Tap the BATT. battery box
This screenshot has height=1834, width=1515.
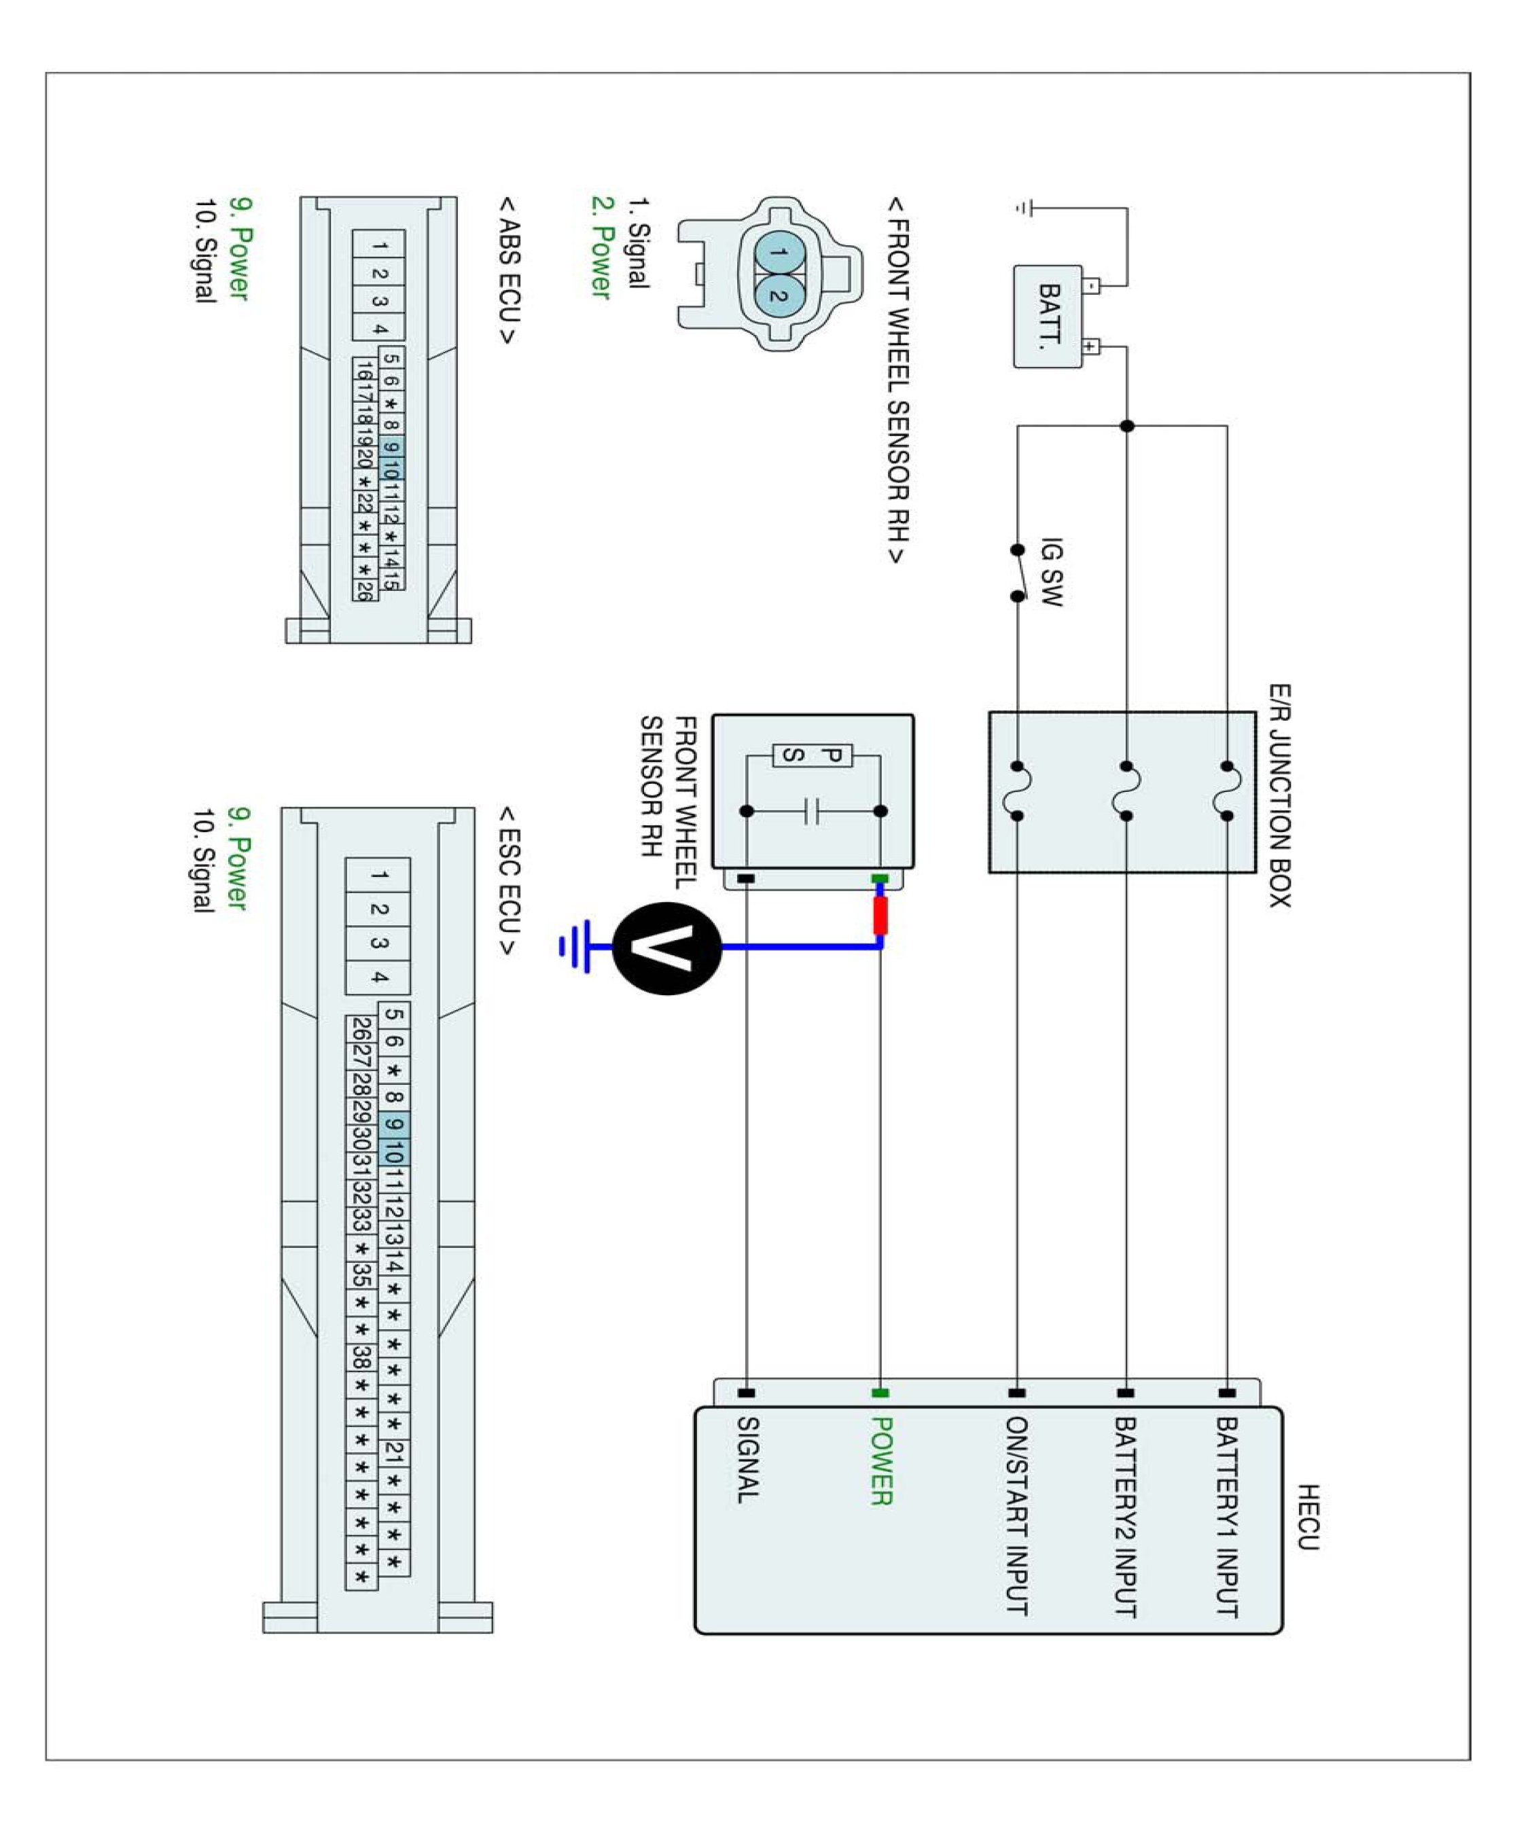[1048, 316]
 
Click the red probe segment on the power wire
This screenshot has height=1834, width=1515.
[880, 915]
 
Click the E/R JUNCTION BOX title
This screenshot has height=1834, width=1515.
[1279, 795]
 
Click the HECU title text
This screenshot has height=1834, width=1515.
[1306, 1517]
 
